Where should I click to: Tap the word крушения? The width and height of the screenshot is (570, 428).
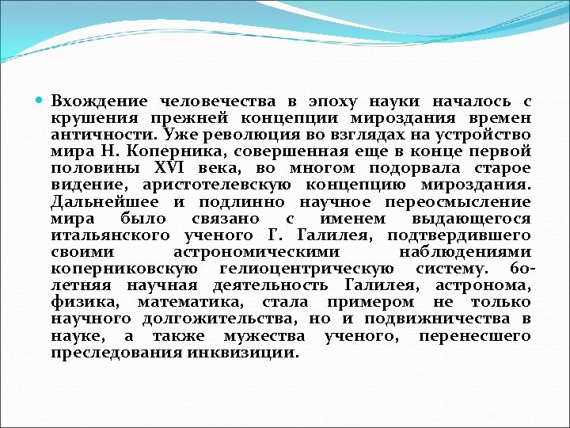coord(84,119)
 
